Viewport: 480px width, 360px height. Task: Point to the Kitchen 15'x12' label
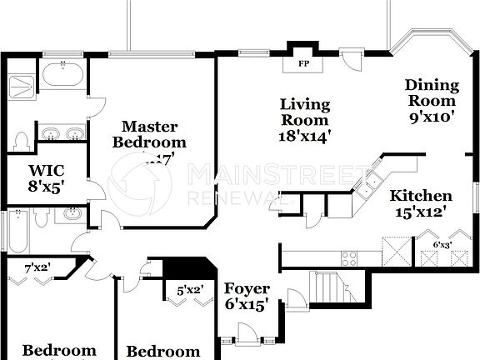click(422, 204)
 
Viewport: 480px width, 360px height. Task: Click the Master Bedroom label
click(150, 135)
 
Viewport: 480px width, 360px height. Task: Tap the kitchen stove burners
click(349, 258)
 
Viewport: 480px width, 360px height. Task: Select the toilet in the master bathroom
click(22, 140)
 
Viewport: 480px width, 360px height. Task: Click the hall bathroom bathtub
click(17, 229)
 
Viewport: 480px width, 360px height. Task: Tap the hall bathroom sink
click(68, 216)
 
